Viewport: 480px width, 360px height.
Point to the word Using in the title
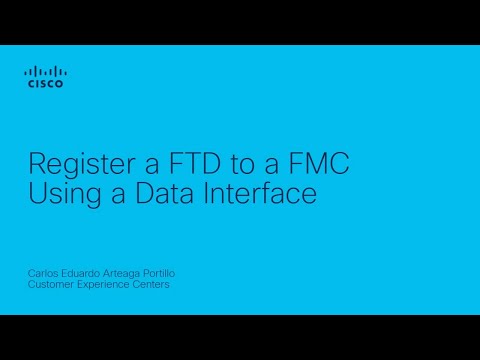(58, 193)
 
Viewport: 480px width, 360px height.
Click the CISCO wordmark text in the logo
(46, 85)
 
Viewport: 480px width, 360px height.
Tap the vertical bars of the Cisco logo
(46, 71)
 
